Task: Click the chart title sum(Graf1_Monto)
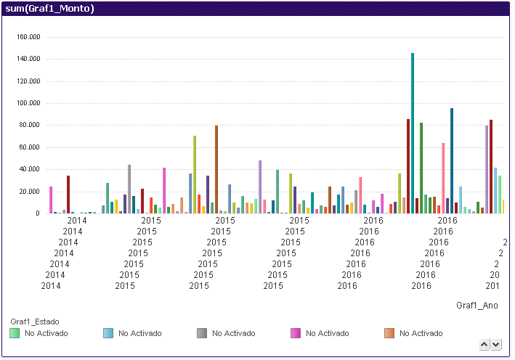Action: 49,9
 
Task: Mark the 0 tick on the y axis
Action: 37,213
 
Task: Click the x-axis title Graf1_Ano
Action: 477,306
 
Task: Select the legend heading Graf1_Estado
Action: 34,322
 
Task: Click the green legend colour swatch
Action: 15,333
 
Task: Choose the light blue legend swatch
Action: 108,333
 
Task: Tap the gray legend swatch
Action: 202,333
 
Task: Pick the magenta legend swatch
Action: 296,333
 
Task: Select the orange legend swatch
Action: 389,333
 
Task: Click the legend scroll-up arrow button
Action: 485,344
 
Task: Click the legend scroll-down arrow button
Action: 496,344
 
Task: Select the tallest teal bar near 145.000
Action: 413,134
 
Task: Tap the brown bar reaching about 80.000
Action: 216,170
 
